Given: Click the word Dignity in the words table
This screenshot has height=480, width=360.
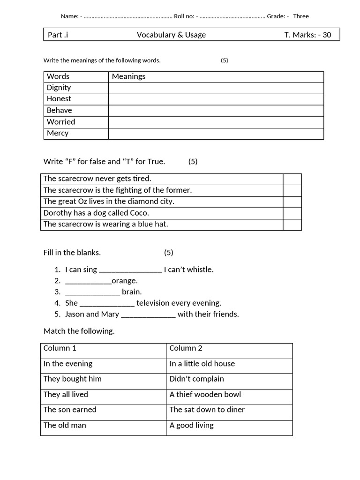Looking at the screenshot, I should tap(59, 88).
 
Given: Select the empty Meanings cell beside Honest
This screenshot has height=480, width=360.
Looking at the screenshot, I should tap(216, 99).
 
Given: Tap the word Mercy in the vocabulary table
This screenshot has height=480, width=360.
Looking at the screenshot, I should tap(58, 133).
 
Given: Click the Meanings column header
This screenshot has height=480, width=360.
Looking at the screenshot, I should tap(129, 76).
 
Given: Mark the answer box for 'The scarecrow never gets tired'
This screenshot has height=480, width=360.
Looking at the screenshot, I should tap(292, 179).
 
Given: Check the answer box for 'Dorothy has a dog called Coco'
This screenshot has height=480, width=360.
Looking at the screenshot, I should tap(292, 213).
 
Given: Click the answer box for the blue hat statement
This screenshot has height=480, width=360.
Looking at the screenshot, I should tap(292, 225).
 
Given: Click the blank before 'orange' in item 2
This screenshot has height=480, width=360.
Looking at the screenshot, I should tap(88, 281).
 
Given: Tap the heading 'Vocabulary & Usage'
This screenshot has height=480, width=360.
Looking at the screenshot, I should tap(171, 35).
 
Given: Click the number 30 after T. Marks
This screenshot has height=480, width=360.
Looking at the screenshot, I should tap(326, 35).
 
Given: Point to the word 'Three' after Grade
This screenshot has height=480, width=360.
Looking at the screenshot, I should tap(301, 16).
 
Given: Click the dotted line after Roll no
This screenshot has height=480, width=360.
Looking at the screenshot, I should tap(232, 17).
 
